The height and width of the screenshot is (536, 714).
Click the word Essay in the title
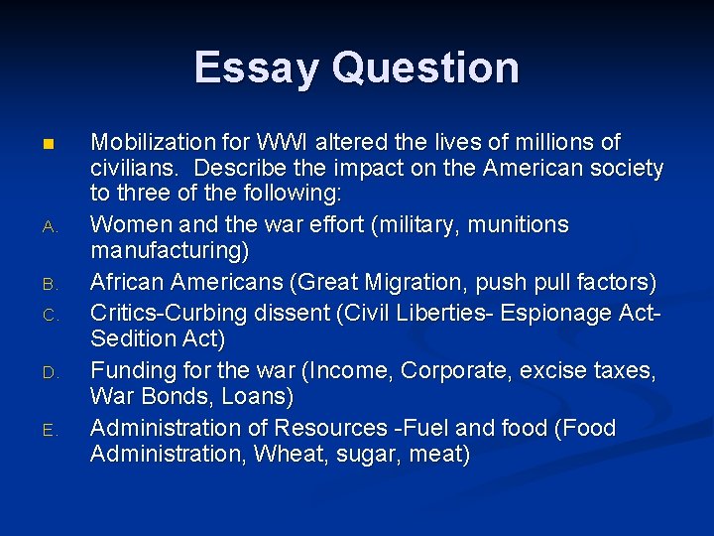coord(258,67)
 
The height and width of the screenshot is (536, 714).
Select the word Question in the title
coord(426,67)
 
